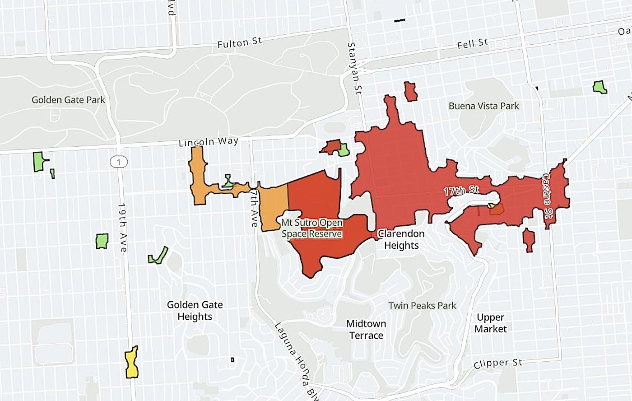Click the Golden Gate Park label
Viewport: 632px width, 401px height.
pos(68,100)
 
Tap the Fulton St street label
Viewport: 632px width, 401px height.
pos(239,43)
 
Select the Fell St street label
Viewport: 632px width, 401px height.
pos(472,44)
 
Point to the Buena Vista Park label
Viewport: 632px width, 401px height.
pos(483,106)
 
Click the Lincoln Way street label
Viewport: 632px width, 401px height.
pos(208,142)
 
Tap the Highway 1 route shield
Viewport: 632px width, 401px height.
pos(118,161)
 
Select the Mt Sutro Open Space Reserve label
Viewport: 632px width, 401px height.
pos(311,228)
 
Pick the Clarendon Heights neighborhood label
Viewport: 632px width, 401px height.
pos(401,239)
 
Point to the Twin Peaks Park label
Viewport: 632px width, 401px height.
pos(422,306)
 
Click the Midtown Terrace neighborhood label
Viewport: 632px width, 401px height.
pos(366,330)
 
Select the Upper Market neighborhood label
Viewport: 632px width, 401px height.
pos(490,323)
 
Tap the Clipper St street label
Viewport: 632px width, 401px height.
pos(498,364)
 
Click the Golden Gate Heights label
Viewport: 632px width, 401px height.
pos(195,311)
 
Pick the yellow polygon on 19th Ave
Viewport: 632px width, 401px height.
pos(131,363)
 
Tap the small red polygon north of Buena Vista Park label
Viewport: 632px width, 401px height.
pos(410,91)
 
